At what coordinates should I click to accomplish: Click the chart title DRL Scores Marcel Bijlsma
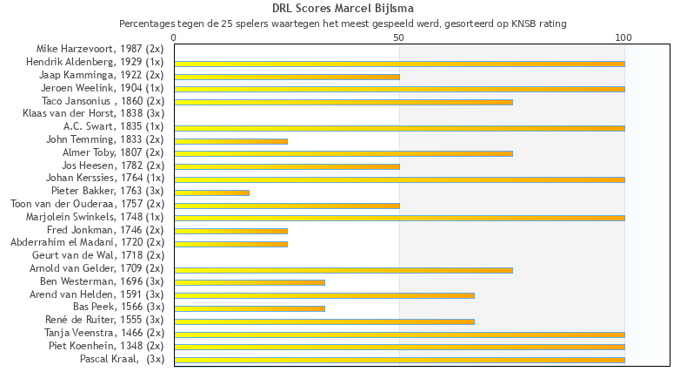(343, 9)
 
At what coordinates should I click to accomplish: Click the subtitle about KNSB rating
(343, 24)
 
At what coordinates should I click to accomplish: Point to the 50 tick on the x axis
(399, 37)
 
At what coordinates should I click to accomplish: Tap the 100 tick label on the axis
(624, 37)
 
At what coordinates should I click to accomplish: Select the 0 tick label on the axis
(174, 37)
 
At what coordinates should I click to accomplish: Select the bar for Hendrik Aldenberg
(399, 64)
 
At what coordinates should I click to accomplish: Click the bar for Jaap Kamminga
(287, 77)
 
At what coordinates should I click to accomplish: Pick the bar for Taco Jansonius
(343, 102)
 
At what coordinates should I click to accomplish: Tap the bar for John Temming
(230, 140)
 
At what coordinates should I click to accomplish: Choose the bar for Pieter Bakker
(211, 192)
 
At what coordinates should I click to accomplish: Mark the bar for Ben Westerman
(250, 282)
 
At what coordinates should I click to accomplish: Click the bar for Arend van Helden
(324, 295)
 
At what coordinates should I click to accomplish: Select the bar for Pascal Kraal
(399, 360)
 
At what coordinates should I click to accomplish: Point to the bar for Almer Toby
(343, 153)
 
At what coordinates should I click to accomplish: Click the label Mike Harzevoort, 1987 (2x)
(100, 50)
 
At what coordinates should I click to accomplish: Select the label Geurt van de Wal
(98, 256)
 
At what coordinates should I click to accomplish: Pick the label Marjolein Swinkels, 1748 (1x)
(95, 217)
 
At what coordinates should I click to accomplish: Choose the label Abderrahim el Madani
(88, 243)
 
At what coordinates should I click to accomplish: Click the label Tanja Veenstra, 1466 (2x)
(104, 334)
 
